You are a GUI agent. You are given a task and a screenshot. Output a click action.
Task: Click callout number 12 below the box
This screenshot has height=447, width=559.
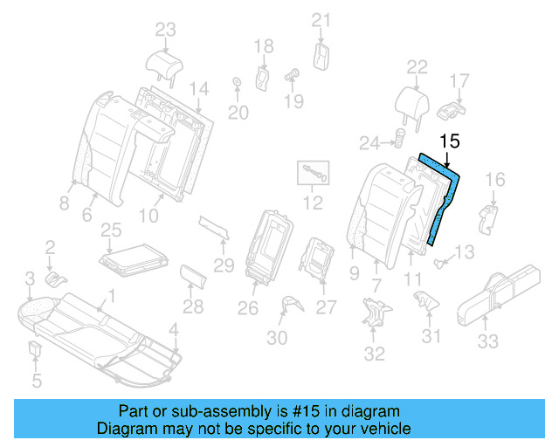312,205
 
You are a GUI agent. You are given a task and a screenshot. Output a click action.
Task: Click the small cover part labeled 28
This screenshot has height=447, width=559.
195,278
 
